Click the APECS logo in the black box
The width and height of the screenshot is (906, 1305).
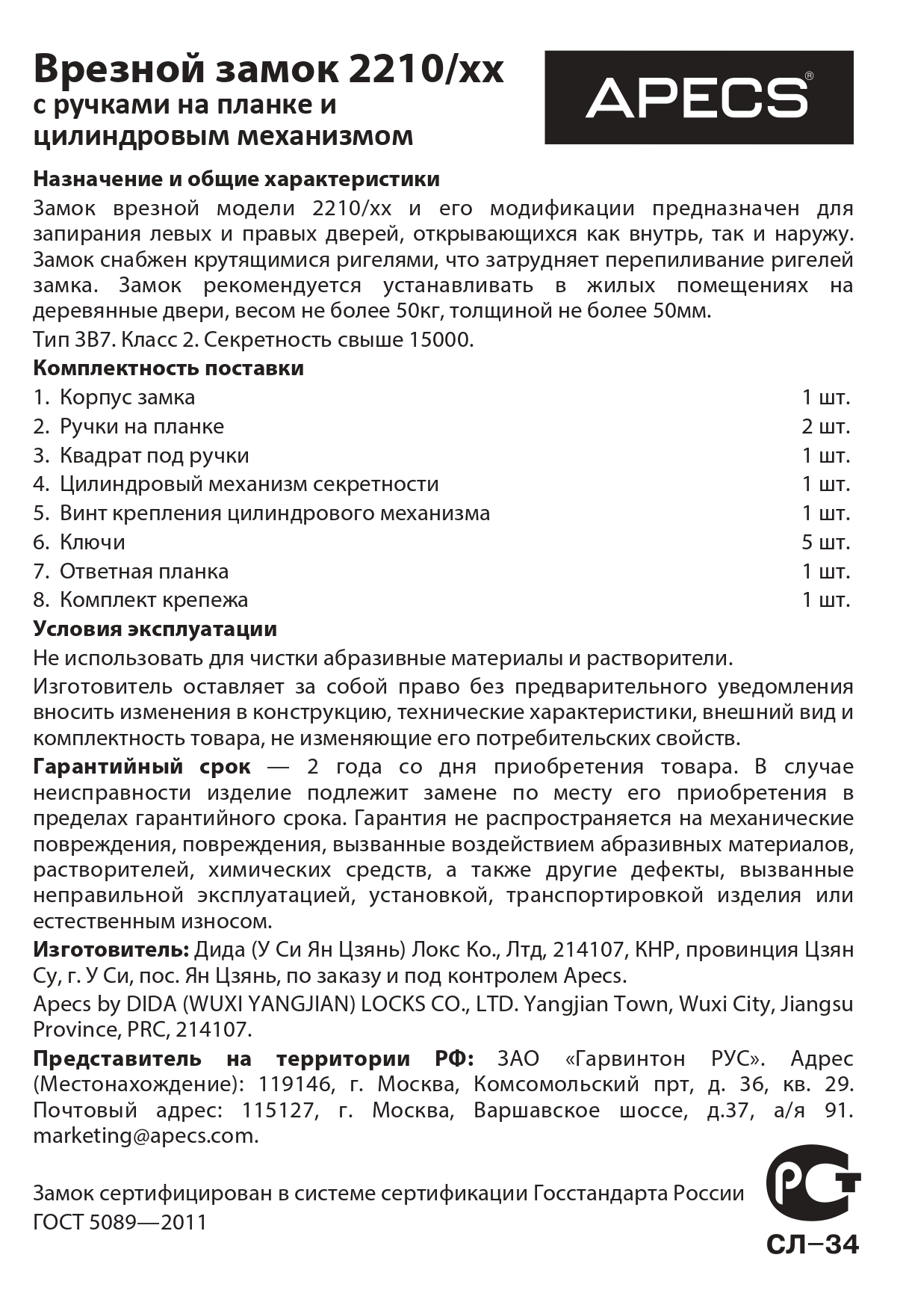point(698,97)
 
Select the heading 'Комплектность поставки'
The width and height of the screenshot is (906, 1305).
point(168,368)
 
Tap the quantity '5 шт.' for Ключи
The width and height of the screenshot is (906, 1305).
point(826,542)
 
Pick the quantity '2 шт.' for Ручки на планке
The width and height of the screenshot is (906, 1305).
point(826,427)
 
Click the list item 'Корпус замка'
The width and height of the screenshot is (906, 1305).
point(127,398)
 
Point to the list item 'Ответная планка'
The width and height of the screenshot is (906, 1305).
point(144,572)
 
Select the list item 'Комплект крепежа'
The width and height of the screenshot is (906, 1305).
point(154,600)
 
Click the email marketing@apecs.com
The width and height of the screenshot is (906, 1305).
point(145,1136)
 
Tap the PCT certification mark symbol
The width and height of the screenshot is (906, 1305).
point(812,1192)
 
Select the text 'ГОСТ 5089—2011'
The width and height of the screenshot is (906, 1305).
point(120,1222)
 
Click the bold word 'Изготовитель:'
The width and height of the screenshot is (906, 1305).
point(111,950)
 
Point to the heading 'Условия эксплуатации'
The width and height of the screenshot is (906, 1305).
point(155,629)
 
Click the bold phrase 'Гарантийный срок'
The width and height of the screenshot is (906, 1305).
point(142,768)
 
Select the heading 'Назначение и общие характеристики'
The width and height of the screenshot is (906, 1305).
point(236,179)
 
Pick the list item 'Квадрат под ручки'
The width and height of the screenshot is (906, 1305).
point(154,456)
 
